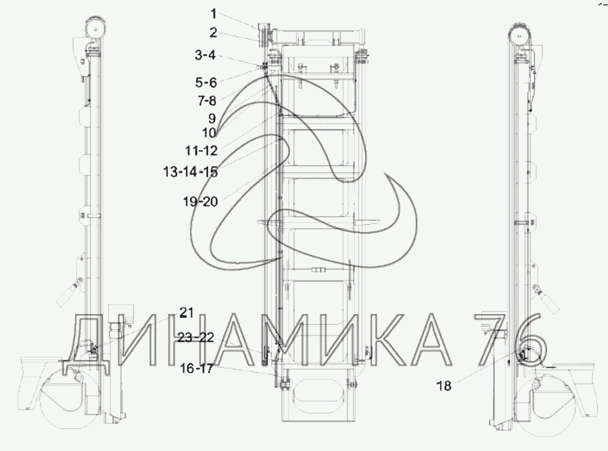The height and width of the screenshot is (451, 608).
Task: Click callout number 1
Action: point(213,14)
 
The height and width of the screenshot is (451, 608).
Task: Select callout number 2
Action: point(213,33)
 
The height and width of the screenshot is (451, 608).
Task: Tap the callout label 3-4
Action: point(205,55)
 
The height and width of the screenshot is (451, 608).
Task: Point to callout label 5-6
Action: point(206,82)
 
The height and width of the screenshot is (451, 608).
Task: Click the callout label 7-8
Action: point(207,101)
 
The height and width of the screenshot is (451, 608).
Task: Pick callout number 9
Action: point(211,118)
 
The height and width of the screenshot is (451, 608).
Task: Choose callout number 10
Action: point(209,133)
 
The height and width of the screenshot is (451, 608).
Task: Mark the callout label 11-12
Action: point(201,150)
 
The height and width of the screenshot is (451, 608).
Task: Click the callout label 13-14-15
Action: point(190,171)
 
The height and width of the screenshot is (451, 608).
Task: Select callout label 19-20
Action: point(201,201)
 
